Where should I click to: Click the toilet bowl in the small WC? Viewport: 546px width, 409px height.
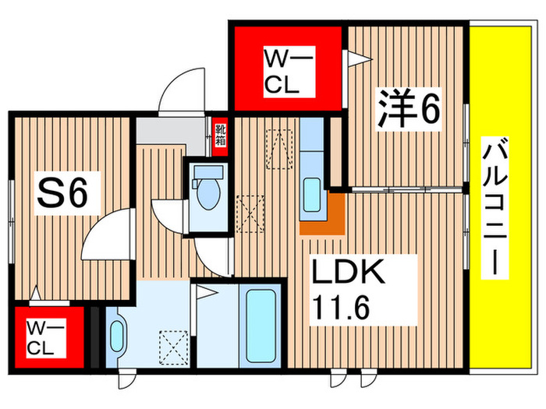point(208,196)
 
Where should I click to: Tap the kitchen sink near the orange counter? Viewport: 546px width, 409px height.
point(310,192)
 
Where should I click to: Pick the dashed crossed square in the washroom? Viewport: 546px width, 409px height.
point(173,347)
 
